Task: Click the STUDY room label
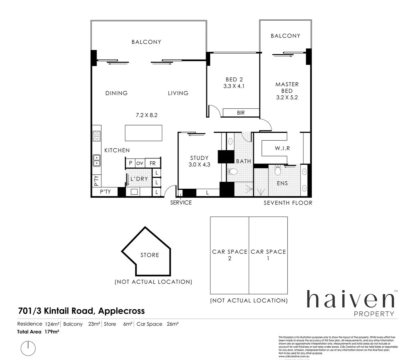pyautogui.click(x=199, y=158)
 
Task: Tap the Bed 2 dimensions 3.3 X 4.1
pyautogui.click(x=234, y=86)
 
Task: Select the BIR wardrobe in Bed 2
pyautogui.click(x=241, y=113)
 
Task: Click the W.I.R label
pyautogui.click(x=282, y=148)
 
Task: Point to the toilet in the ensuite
pyautogui.click(x=277, y=171)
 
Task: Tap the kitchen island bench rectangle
pyautogui.click(x=144, y=133)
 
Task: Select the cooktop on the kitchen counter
pyautogui.click(x=97, y=136)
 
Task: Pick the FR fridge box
pyautogui.click(x=153, y=163)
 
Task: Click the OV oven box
pyautogui.click(x=140, y=163)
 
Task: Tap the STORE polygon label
pyautogui.click(x=150, y=255)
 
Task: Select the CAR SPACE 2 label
pyautogui.click(x=229, y=255)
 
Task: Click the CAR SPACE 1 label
pyautogui.click(x=268, y=255)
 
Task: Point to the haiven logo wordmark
pyautogui.click(x=350, y=299)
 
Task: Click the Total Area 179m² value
pyautogui.click(x=52, y=332)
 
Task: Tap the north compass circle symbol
pyautogui.click(x=28, y=348)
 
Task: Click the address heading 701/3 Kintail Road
pyautogui.click(x=81, y=311)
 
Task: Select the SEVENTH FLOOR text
pyautogui.click(x=288, y=203)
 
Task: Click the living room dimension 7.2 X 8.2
pyautogui.click(x=147, y=115)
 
